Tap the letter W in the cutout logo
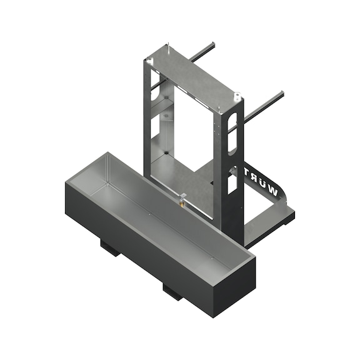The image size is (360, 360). tap(270, 187)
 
